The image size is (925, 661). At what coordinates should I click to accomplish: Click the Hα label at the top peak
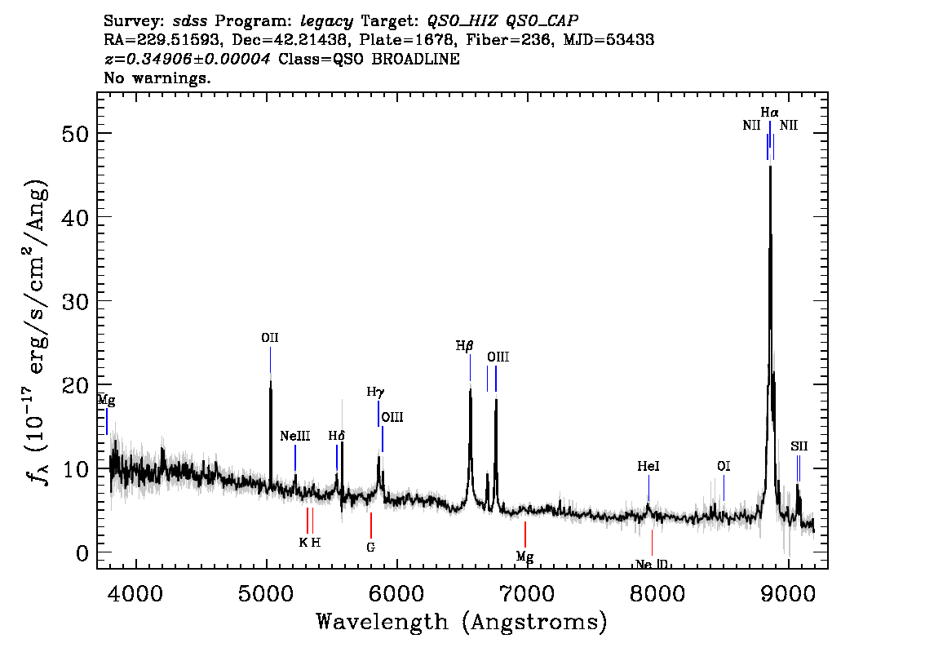click(x=769, y=112)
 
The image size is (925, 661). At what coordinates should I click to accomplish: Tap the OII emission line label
click(x=270, y=338)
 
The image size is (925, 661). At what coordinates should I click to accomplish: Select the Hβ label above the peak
click(x=464, y=346)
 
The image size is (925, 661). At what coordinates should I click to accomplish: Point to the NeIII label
click(x=294, y=437)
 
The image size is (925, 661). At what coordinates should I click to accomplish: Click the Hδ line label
click(x=336, y=436)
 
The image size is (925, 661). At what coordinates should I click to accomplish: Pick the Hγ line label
click(x=374, y=393)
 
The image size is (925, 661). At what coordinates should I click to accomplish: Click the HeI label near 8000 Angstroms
click(x=648, y=467)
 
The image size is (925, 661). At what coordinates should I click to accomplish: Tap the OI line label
click(x=723, y=467)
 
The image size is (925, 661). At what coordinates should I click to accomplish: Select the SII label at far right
click(x=799, y=446)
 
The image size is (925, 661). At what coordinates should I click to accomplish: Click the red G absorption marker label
click(x=370, y=547)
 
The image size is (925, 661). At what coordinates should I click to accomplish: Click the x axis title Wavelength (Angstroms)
click(x=462, y=623)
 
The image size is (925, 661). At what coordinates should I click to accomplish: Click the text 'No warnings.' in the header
click(x=157, y=78)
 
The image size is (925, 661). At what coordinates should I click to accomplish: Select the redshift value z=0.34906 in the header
click(x=188, y=60)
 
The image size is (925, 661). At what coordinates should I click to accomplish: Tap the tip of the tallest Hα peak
click(x=770, y=166)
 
